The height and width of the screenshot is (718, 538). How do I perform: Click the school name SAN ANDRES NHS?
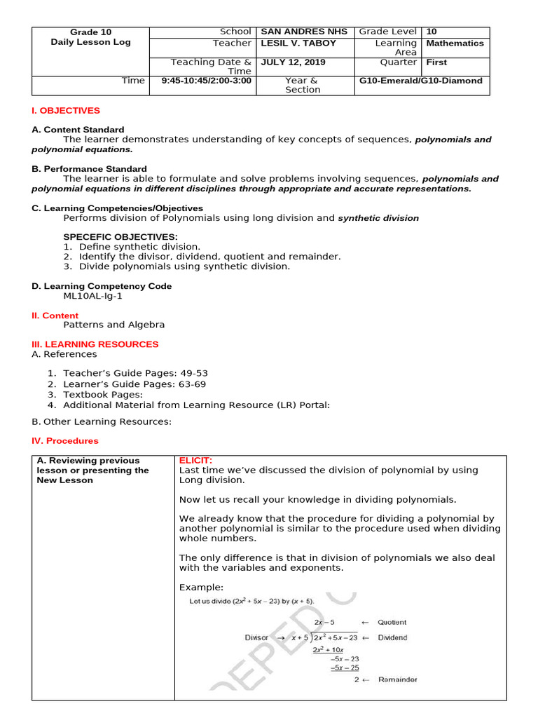click(x=294, y=32)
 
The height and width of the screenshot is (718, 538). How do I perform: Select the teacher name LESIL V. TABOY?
click(x=298, y=43)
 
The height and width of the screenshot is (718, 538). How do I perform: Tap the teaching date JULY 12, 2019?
click(x=293, y=62)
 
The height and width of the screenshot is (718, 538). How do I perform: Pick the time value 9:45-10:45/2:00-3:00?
click(x=207, y=81)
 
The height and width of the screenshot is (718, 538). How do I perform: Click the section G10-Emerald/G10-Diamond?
click(x=420, y=81)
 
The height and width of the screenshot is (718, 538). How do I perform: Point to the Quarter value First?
click(x=436, y=62)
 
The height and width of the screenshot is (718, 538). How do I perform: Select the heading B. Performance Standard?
click(x=89, y=169)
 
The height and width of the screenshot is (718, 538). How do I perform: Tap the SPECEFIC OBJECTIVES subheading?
click(x=120, y=237)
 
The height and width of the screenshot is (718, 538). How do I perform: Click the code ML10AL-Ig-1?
click(x=92, y=296)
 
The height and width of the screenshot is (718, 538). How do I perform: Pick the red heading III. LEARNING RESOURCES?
click(x=95, y=344)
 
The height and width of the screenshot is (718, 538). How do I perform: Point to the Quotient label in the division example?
click(x=392, y=622)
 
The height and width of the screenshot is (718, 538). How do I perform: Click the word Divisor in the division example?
click(x=257, y=638)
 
